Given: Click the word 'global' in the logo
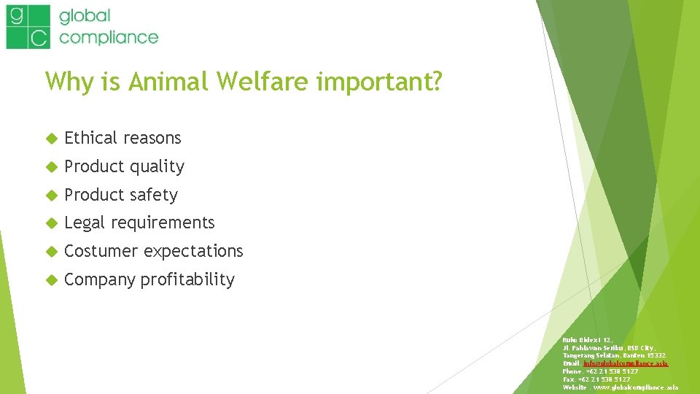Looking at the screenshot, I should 85,16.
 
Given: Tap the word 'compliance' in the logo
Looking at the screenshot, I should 109,36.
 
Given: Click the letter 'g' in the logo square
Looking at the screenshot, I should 16,15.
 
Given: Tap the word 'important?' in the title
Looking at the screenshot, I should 379,82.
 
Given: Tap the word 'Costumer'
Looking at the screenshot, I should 101,251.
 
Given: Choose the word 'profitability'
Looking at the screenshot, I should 187,279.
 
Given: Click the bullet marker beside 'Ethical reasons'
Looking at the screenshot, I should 51,139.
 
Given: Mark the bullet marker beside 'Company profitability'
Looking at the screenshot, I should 51,280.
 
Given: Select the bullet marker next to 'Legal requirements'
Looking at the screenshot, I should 51,223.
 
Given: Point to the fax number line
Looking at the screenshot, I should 596,379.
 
